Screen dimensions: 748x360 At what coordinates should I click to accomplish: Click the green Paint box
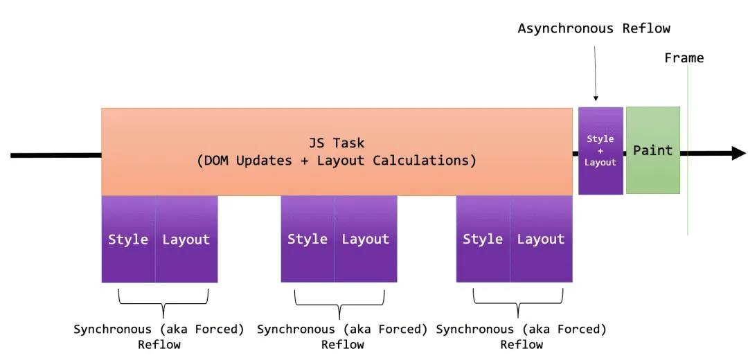pyautogui.click(x=653, y=150)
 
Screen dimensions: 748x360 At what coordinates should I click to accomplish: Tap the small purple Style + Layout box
pyautogui.click(x=600, y=151)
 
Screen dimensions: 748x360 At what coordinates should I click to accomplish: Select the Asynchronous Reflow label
pyautogui.click(x=594, y=28)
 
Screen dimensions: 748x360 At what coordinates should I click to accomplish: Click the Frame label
pyautogui.click(x=684, y=58)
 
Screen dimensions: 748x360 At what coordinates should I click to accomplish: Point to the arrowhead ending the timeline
pyautogui.click(x=738, y=154)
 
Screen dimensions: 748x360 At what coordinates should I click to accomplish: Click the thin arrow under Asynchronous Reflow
pyautogui.click(x=595, y=73)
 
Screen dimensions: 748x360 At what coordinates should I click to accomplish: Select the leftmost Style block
pyautogui.click(x=128, y=239)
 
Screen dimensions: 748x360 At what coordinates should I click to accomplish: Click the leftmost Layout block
pyautogui.click(x=186, y=239)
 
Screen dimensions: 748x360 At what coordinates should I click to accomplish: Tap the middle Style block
pyautogui.click(x=308, y=239)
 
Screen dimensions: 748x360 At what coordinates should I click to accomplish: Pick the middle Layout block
pyautogui.click(x=366, y=239)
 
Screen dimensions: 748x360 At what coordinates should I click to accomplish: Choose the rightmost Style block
pyautogui.click(x=483, y=239)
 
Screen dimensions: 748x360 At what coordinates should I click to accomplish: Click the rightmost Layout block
pyautogui.click(x=542, y=239)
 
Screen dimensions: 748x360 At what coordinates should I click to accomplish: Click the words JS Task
pyautogui.click(x=337, y=143)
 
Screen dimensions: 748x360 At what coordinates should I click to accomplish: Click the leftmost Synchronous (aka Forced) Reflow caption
pyautogui.click(x=159, y=336)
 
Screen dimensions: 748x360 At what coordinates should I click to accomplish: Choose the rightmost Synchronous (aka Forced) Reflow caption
pyautogui.click(x=522, y=336)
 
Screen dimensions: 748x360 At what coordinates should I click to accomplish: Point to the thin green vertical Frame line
pyautogui.click(x=688, y=150)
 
